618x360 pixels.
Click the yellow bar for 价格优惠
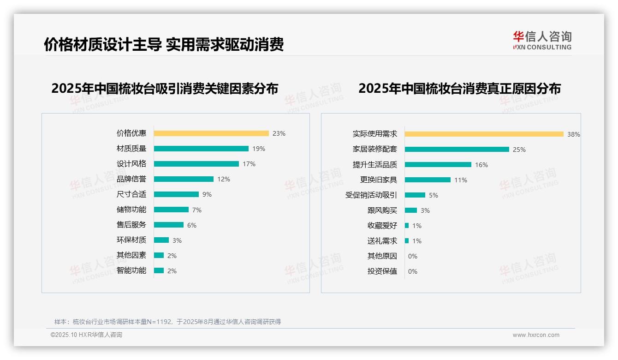(211, 133)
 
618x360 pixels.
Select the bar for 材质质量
(201, 149)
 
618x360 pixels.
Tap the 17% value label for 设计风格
(249, 164)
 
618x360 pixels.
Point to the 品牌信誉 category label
(131, 179)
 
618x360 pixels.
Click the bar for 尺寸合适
(176, 194)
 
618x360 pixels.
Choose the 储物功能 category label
(131, 210)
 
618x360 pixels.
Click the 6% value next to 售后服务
(192, 225)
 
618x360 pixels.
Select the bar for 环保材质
(161, 240)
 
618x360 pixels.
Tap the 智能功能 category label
(131, 270)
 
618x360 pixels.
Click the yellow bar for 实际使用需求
(484, 134)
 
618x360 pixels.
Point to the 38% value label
(574, 134)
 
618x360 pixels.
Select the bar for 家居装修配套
(457, 149)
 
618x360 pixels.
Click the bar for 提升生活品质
(438, 164)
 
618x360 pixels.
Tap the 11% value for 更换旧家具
(461, 180)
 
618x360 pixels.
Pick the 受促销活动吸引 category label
(371, 195)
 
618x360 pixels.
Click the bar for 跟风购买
(411, 210)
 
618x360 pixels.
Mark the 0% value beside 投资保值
(413, 271)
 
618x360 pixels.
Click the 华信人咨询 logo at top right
(542, 40)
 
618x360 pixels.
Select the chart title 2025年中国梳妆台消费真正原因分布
(459, 89)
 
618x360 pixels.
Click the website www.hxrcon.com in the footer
(536, 335)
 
